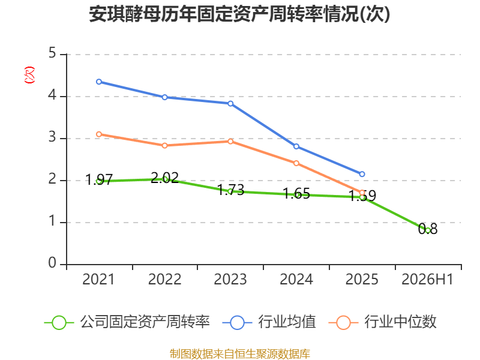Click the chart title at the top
[x=239, y=14]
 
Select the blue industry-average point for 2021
[x=99, y=82]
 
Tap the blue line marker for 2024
[x=296, y=146]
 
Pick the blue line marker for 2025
[x=362, y=174]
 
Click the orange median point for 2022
[x=164, y=145]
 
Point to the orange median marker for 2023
[x=230, y=141]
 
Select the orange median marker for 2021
[x=99, y=134]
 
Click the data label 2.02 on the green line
[x=164, y=178]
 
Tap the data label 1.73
[x=230, y=190]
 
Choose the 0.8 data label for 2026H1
[x=428, y=229]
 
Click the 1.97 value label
[x=99, y=179]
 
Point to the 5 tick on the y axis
[x=52, y=53]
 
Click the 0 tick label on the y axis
[x=52, y=263]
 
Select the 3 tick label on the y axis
[x=52, y=137]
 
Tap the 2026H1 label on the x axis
[x=427, y=280]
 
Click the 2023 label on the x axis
[x=230, y=280]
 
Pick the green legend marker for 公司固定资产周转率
[x=59, y=323]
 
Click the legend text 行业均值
[x=287, y=322]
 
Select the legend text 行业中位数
[x=400, y=322]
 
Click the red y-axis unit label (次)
[x=29, y=75]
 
